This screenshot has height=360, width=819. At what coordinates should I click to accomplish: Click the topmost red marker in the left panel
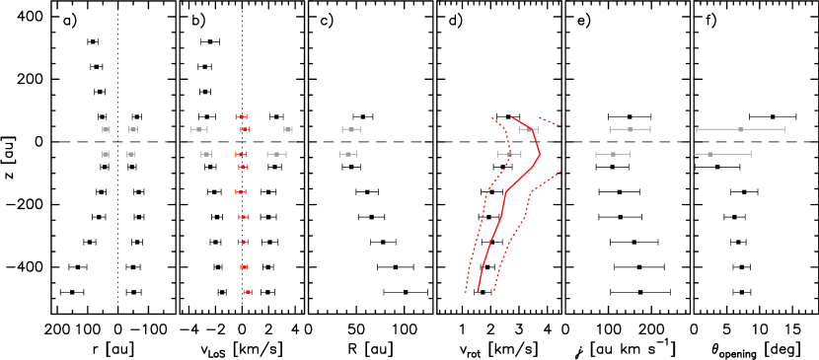[x=241, y=116]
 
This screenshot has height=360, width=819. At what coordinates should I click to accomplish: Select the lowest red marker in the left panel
[x=248, y=292]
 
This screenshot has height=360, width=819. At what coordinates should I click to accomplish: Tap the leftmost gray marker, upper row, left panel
[x=106, y=129]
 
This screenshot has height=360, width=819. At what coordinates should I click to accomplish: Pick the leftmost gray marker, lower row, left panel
[x=106, y=154]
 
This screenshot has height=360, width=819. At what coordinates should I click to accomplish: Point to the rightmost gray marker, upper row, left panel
[x=351, y=129]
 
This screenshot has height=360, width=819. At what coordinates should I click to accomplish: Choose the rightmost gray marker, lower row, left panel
[x=348, y=154]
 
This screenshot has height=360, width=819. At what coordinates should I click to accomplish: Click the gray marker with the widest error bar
[x=740, y=129]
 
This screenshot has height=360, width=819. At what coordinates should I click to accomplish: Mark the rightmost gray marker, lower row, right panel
[x=710, y=154]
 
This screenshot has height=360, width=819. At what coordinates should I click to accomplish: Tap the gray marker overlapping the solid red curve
[x=529, y=129]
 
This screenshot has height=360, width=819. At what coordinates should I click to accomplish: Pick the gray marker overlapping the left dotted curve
[x=509, y=154]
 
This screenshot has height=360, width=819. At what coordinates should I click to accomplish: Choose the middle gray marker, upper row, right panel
[x=630, y=129]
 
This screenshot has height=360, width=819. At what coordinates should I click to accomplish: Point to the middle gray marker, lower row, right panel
[x=613, y=154]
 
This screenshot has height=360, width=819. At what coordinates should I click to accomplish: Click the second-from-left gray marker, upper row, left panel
[x=133, y=129]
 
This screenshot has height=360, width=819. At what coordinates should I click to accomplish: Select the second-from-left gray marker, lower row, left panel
[x=130, y=154]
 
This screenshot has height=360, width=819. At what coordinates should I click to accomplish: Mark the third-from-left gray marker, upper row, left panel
[x=199, y=129]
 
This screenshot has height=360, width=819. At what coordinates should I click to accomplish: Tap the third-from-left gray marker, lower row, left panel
[x=206, y=154]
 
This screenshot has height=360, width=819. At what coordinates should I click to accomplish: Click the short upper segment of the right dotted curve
[x=550, y=121]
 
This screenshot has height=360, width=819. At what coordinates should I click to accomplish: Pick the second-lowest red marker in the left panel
[x=244, y=267]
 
